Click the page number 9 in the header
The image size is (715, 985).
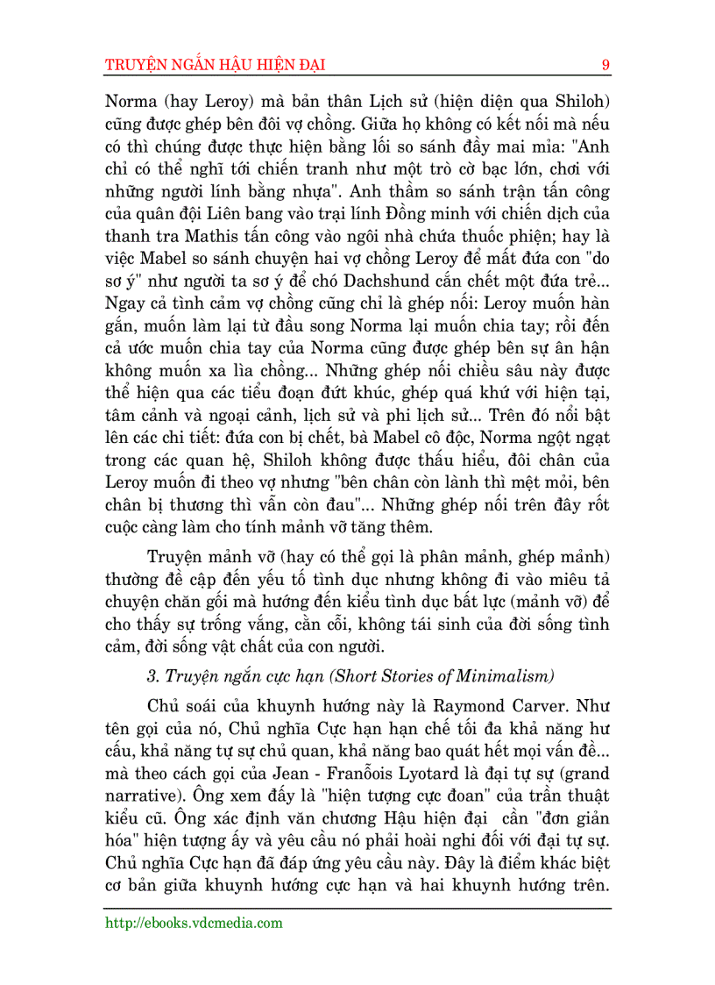pyautogui.click(x=605, y=65)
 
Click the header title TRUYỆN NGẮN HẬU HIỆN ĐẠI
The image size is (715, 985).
pyautogui.click(x=216, y=65)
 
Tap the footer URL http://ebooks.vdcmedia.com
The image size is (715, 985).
pyautogui.click(x=194, y=923)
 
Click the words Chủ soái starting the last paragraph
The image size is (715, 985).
pyautogui.click(x=178, y=704)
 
